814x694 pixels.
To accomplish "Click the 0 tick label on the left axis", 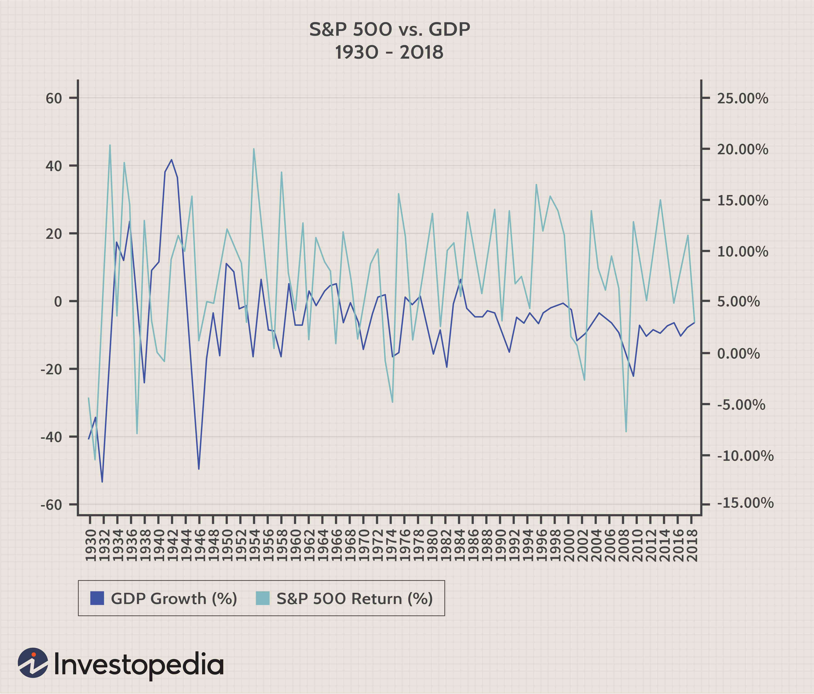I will click(x=58, y=301).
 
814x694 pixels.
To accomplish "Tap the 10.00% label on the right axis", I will click(x=743, y=252).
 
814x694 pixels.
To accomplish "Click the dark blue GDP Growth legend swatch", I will click(x=97, y=598).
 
